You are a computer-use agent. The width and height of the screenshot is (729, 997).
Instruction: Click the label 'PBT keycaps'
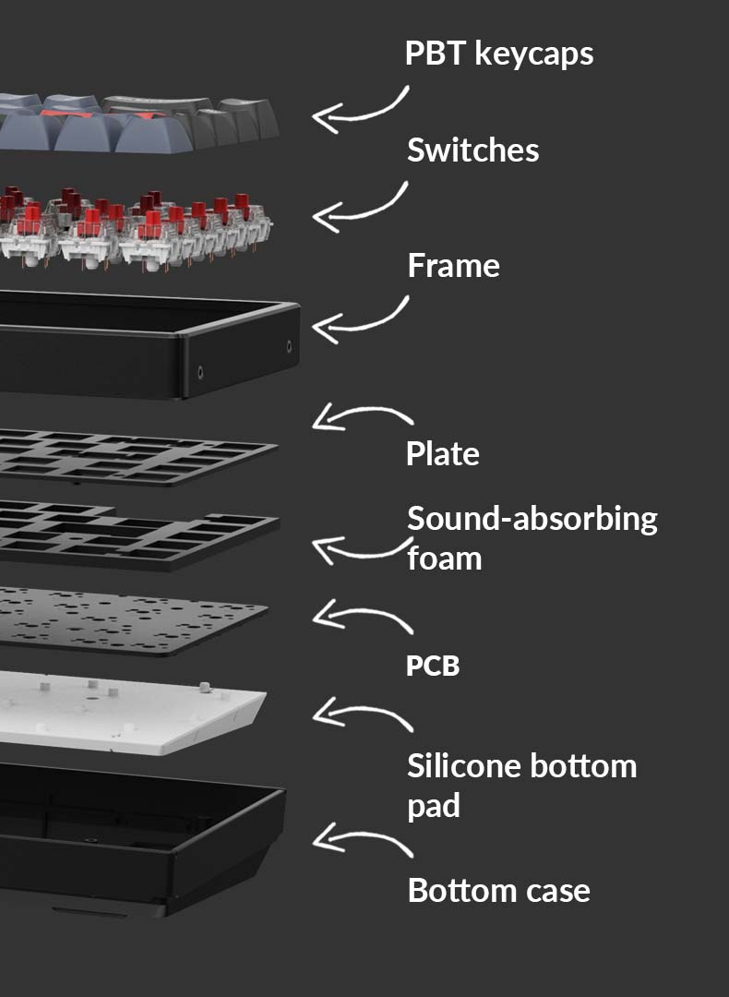coord(498,54)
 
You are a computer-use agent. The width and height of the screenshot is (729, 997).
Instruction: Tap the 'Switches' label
coord(472,150)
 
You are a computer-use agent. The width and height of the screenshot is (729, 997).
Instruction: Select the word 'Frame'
coord(453,266)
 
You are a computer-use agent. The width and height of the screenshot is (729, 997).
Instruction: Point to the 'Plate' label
coord(442,454)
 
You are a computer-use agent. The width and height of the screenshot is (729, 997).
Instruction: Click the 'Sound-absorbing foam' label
coord(532,537)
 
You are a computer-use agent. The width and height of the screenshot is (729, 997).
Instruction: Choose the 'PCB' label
coord(432,666)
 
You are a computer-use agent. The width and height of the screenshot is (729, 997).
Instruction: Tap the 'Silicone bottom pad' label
coord(521,785)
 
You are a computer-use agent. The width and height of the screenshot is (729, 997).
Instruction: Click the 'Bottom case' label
coord(498,891)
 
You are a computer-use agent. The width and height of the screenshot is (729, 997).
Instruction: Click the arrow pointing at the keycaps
coord(360,109)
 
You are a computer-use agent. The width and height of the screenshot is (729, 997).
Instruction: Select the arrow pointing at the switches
coord(360,209)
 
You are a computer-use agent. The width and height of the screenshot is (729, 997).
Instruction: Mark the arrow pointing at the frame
coord(360,319)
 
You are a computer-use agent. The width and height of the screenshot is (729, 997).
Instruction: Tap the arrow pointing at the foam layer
coord(360,551)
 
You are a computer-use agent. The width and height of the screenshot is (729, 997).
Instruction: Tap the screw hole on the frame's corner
coord(290,346)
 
